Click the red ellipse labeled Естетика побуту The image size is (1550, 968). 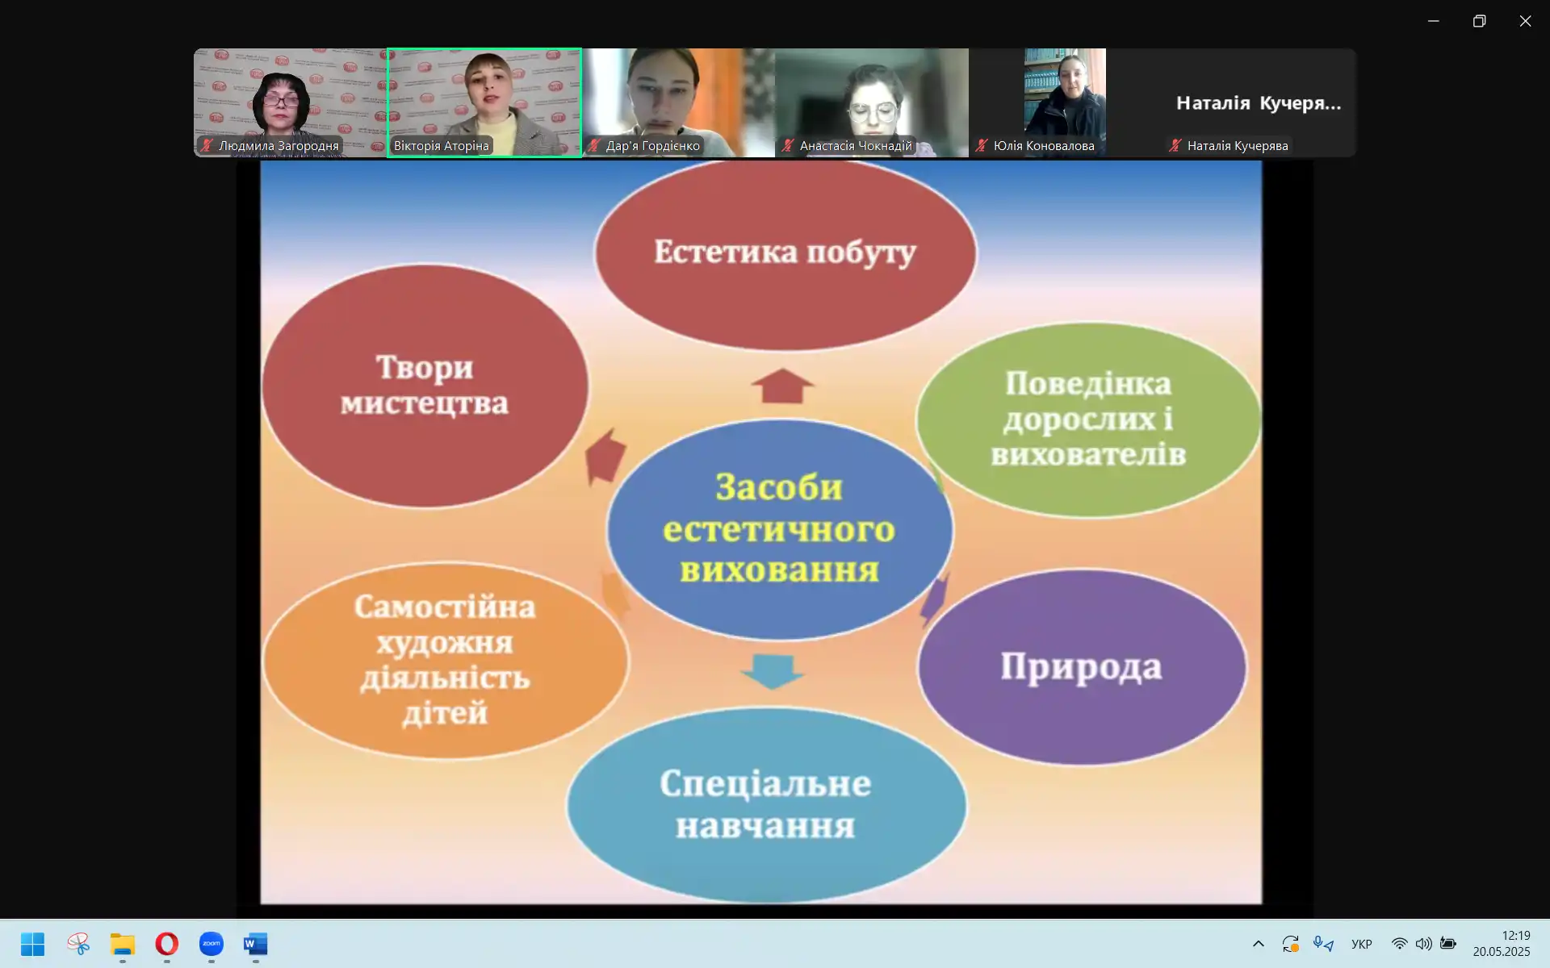point(785,252)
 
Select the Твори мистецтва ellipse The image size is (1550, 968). point(425,386)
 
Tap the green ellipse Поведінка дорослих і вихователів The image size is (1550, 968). point(1088,419)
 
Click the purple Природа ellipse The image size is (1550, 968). point(1082,666)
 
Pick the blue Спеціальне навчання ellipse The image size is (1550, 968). point(766,804)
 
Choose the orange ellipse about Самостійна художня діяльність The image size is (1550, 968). point(445,660)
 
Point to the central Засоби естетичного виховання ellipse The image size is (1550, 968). point(780,529)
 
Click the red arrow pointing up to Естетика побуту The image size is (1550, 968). point(782,386)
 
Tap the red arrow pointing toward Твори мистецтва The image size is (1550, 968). point(605,456)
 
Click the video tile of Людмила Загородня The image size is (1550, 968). point(291,102)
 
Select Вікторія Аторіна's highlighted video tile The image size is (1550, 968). point(484,102)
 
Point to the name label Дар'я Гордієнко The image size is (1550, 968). point(652,146)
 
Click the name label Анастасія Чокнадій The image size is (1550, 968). point(856,146)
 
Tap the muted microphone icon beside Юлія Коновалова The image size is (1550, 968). point(982,146)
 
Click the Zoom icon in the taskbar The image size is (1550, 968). point(212,944)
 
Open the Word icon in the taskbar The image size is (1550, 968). point(255,944)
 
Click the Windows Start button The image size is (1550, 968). point(33,944)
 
